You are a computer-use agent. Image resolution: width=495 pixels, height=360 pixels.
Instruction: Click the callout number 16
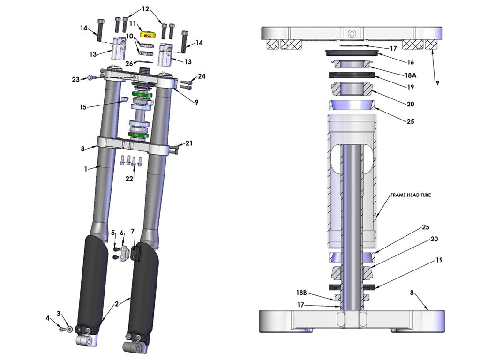[x=410, y=62]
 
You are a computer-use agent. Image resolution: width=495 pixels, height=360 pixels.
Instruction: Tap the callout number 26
[x=128, y=64]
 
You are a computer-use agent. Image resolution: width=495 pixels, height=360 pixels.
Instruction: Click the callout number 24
[x=201, y=76]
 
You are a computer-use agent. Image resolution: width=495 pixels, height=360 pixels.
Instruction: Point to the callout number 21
[x=189, y=143]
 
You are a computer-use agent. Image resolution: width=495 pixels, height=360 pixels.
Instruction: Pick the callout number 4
[x=47, y=318]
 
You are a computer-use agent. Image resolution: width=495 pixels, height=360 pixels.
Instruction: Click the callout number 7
[x=132, y=231]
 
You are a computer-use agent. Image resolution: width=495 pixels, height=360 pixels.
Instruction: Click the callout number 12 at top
[x=145, y=9]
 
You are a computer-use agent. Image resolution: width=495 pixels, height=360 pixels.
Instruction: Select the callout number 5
[x=112, y=232]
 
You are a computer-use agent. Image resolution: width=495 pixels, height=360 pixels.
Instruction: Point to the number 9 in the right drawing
[x=437, y=83]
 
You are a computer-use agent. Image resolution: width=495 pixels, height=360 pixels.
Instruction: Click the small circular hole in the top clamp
[x=352, y=34]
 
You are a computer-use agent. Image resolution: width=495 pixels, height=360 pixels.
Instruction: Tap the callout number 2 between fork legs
[x=115, y=304]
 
